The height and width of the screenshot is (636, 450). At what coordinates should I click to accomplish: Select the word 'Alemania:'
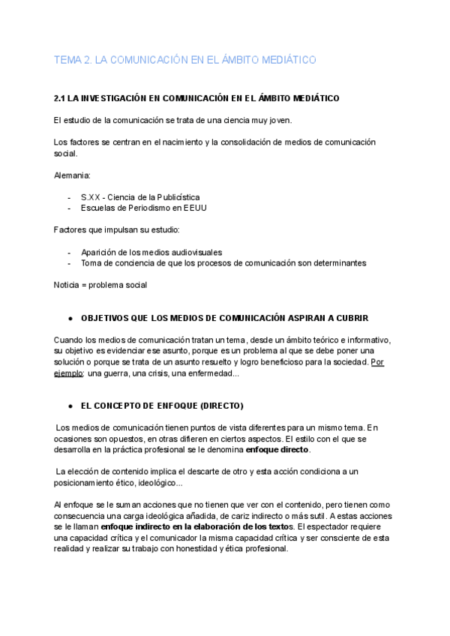coord(72,175)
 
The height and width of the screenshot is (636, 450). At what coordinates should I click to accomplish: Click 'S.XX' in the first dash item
coord(91,197)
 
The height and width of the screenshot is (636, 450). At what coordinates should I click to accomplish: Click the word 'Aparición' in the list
coord(100,252)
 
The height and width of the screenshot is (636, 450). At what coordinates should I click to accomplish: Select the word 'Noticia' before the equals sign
coord(67,285)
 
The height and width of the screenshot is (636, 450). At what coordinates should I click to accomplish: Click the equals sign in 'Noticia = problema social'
coord(88,285)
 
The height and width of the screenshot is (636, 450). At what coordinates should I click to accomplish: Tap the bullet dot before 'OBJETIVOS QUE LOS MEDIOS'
coord(70,319)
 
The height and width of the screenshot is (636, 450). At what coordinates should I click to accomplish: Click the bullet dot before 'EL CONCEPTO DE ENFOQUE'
coord(70,406)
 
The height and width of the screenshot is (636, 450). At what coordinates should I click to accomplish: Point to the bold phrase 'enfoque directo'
coord(277,450)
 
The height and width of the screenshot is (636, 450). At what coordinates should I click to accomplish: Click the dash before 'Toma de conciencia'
coord(69,263)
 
